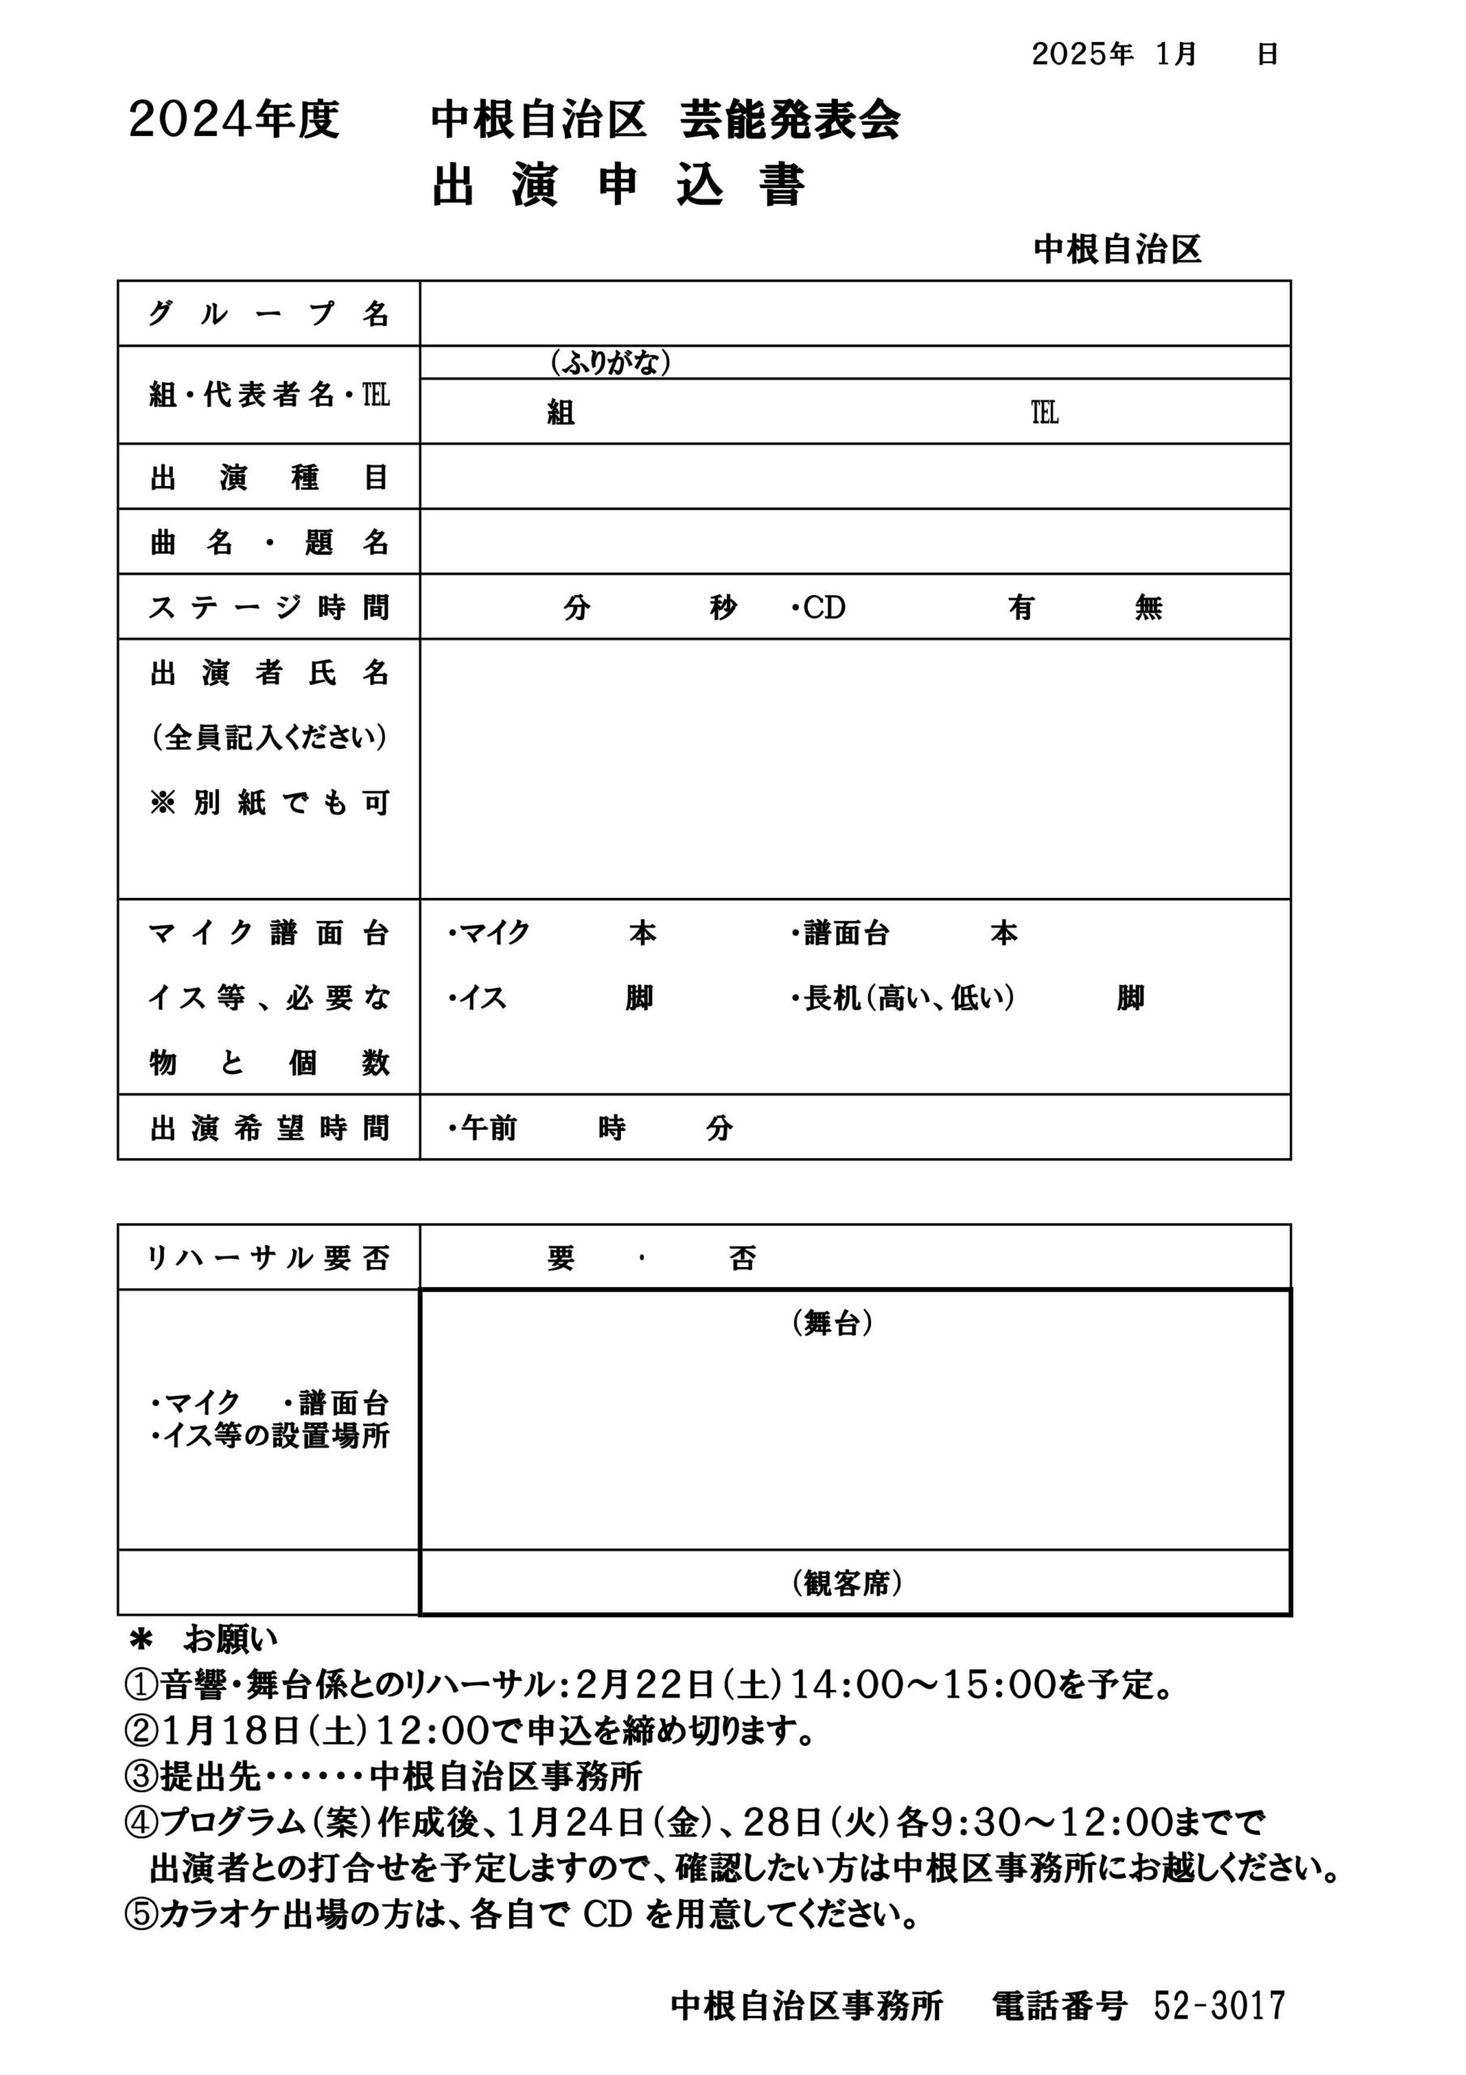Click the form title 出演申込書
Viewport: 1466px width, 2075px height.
point(618,187)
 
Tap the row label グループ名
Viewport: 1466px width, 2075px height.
point(268,314)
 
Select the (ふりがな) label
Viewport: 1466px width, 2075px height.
point(611,362)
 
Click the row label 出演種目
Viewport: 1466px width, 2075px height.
point(268,477)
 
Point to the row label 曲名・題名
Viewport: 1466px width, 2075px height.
point(268,542)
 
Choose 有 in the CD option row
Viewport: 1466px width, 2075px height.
point(1020,607)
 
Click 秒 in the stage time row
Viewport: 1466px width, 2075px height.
point(723,607)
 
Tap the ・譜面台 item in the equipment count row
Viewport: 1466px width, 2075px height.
point(840,933)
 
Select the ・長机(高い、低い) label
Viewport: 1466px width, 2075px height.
point(903,998)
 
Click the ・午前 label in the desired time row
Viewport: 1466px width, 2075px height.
point(483,1127)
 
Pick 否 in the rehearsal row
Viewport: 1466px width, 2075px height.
point(742,1258)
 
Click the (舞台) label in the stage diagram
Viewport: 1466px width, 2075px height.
point(832,1323)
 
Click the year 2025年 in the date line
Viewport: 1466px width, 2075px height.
point(1082,54)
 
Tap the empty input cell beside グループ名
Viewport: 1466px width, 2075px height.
point(854,314)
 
